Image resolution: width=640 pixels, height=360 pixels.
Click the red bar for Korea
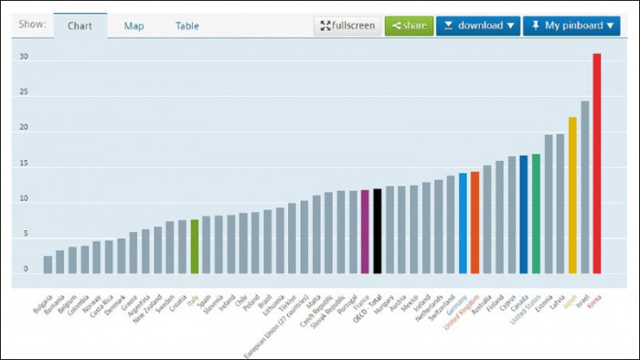point(597,164)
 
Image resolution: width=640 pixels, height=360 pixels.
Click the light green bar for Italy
point(194,246)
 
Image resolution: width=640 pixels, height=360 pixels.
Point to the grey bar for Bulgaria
point(48,264)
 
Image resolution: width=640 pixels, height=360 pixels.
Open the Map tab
point(133,26)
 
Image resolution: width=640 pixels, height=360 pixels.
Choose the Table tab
point(187,26)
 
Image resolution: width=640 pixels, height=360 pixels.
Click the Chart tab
point(80,26)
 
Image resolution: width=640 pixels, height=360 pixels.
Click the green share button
point(409,26)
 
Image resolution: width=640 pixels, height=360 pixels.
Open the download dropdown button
point(477,26)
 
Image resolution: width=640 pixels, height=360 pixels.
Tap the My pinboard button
point(571,26)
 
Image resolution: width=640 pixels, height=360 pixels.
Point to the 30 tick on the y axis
point(25,57)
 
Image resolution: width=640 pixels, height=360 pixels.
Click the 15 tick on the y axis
point(25,164)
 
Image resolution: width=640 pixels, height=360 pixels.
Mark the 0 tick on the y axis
point(27,270)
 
